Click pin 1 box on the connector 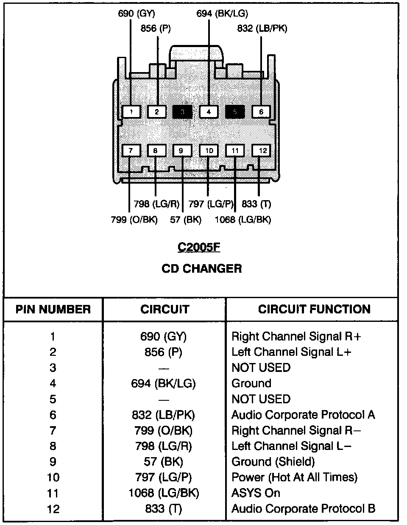coord(131,112)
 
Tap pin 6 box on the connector coord(261,112)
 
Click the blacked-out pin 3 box coord(182,112)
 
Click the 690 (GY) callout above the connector coord(136,13)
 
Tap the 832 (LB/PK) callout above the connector coord(262,29)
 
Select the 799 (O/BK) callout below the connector coord(134,220)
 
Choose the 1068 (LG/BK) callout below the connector coord(243,220)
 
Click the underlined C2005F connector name coord(199,247)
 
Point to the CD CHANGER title coord(202,268)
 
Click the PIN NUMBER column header coord(53,309)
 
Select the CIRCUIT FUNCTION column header coord(314,309)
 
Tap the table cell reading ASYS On coord(256,493)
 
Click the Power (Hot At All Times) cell coord(294,477)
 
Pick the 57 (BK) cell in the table coord(163,461)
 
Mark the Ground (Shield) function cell coord(273,461)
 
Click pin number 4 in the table coord(53,383)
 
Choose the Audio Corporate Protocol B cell coord(303,508)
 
